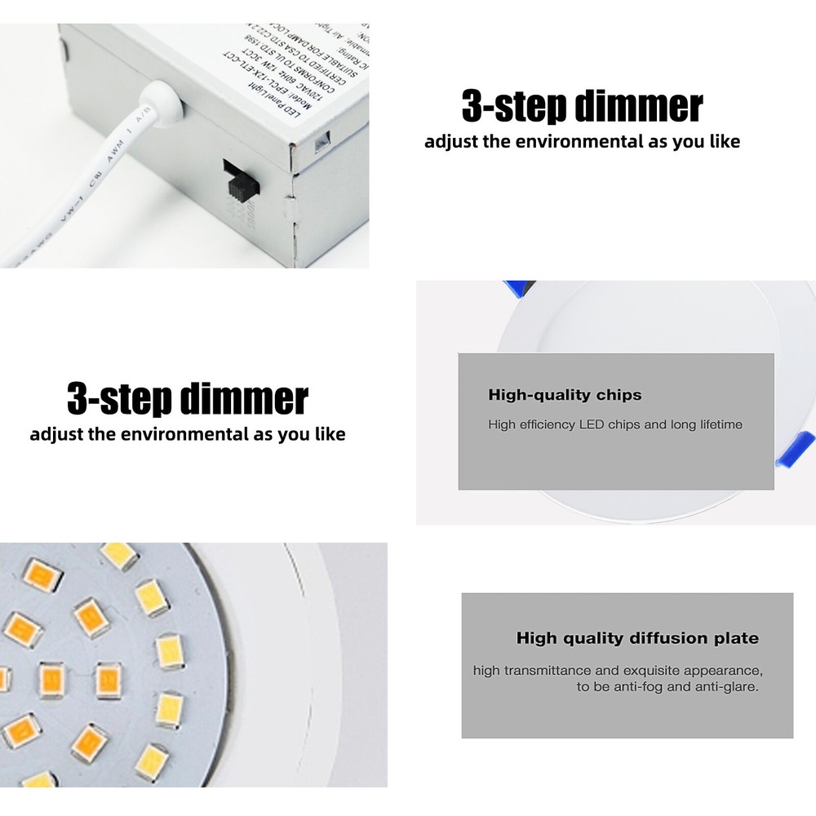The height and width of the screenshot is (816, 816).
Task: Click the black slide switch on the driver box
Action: point(241,180)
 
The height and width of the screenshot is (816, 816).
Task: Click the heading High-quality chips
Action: point(565,395)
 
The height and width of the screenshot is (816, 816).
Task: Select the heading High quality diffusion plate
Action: point(637,638)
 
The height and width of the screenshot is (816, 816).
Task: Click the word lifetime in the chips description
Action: point(721,424)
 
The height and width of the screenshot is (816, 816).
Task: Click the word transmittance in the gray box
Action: point(547,671)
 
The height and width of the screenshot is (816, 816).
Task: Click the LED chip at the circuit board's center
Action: point(108,679)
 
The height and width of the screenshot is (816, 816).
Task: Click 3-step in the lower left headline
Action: point(118,399)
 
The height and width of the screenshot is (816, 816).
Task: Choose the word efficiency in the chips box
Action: point(546,424)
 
